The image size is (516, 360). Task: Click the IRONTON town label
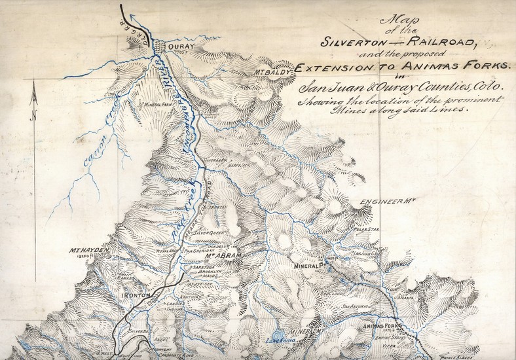point(138,295)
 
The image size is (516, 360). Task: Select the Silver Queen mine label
point(210,232)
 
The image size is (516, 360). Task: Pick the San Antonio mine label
point(356,306)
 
